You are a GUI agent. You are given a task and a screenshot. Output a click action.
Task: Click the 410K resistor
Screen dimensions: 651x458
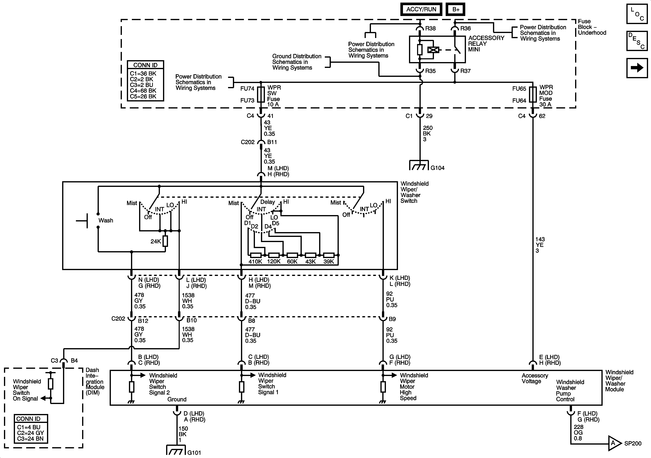[x=256, y=255]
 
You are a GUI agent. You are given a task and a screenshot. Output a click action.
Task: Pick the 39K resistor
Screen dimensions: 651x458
[x=329, y=255]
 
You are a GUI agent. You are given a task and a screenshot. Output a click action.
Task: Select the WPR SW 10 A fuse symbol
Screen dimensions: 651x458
[x=261, y=95]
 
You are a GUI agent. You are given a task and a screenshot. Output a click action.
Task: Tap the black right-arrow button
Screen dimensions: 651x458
[x=637, y=68]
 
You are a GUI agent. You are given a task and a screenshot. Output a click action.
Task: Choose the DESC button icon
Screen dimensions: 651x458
[x=637, y=41]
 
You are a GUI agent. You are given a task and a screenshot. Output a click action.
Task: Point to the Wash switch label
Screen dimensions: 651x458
[x=106, y=220]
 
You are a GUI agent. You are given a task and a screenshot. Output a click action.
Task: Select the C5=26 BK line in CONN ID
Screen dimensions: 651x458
[x=143, y=96]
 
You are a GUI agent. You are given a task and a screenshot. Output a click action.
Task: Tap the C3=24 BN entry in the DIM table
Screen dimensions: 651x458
[x=30, y=439]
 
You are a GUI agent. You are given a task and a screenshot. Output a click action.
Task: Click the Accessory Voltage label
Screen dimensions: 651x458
[x=535, y=378]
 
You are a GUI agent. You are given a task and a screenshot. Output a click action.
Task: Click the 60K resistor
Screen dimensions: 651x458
[x=292, y=255]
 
